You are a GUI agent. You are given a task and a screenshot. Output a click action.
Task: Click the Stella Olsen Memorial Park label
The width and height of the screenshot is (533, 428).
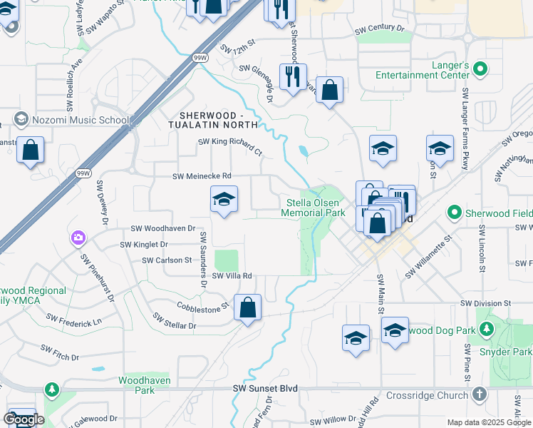313,207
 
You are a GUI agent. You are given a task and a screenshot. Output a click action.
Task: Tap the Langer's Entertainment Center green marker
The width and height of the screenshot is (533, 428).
480,69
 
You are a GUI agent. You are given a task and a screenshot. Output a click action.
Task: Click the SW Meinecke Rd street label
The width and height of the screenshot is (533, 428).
202,176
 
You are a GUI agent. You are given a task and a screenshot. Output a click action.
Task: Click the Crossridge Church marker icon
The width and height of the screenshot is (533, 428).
479,394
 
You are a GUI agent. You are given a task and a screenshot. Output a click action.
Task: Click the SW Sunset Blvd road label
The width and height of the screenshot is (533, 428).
264,389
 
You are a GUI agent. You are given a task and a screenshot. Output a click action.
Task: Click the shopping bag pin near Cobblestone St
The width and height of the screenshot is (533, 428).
247,308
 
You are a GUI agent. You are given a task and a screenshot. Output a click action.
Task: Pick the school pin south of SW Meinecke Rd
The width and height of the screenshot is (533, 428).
224,199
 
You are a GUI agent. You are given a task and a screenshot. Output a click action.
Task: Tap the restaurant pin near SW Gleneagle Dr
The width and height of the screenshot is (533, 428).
293,76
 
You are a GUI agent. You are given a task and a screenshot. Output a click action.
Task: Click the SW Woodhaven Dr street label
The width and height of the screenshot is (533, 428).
162,228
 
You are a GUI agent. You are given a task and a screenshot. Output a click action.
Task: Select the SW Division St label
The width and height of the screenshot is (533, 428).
486,304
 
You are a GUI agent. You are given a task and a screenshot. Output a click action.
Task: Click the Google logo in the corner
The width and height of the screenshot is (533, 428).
23,419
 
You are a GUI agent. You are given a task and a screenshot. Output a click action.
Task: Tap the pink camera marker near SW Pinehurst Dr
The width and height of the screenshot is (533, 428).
78,237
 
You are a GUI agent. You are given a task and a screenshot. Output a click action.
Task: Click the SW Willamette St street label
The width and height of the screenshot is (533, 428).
429,263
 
